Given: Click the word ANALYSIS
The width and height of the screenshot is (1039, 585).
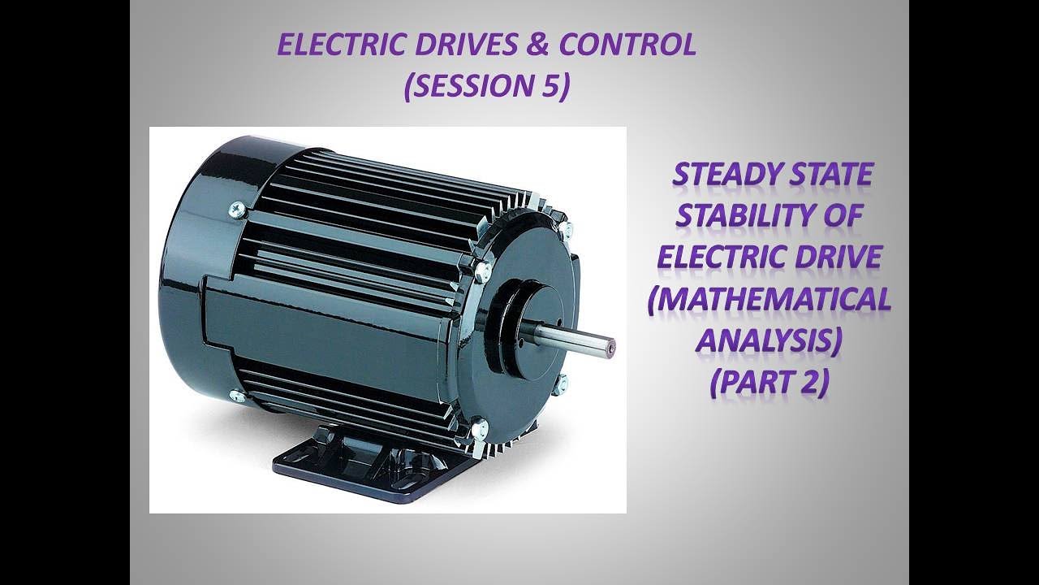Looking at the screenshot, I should point(768,341).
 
